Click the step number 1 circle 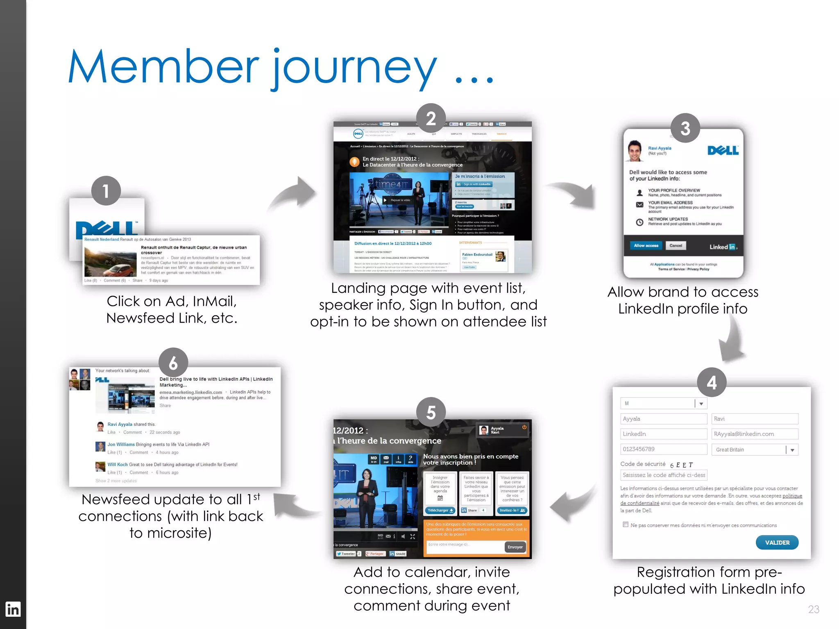pyautogui.click(x=106, y=191)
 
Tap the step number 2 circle pyautogui.click(x=431, y=119)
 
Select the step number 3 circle pyautogui.click(x=685, y=128)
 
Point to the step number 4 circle pyautogui.click(x=712, y=382)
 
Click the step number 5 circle pyautogui.click(x=431, y=412)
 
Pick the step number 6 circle pyautogui.click(x=173, y=363)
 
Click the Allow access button pyautogui.click(x=646, y=246)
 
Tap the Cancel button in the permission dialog pyautogui.click(x=676, y=246)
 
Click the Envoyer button pyautogui.click(x=515, y=547)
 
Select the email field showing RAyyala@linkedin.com pyautogui.click(x=755, y=434)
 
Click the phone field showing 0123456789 pyautogui.click(x=663, y=449)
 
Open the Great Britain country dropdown pyautogui.click(x=792, y=450)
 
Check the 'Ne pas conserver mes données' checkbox pyautogui.click(x=626, y=525)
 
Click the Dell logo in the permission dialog pyautogui.click(x=723, y=150)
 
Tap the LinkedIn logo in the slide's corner pyautogui.click(x=13, y=609)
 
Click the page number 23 pyautogui.click(x=814, y=609)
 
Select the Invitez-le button pyautogui.click(x=512, y=510)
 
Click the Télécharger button pyautogui.click(x=440, y=510)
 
